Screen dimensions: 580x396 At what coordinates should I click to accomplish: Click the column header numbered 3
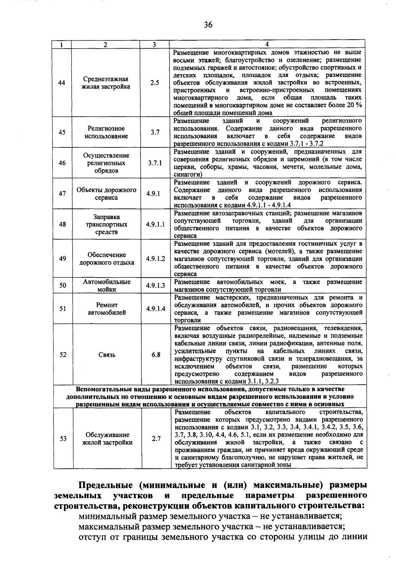[154, 45]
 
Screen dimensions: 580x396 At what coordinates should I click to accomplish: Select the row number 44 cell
[62, 83]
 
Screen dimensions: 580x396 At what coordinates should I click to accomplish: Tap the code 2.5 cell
[154, 83]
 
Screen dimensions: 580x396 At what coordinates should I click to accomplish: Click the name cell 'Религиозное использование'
[106, 132]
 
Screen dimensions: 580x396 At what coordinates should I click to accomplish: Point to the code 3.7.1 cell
[154, 163]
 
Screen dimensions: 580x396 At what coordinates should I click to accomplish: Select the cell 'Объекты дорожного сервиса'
[106, 194]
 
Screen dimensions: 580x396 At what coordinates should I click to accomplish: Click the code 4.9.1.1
[155, 224]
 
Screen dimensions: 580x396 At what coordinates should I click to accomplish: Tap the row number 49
[62, 259]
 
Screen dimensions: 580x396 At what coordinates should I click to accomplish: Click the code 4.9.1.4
[155, 309]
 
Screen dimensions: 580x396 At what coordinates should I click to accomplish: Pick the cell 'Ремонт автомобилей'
[107, 309]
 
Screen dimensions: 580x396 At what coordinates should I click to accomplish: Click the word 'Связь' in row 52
[107, 355]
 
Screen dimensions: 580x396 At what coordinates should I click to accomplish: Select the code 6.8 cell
[156, 355]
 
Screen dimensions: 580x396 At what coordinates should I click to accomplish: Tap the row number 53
[63, 439]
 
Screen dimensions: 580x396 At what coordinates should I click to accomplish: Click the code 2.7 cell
[156, 439]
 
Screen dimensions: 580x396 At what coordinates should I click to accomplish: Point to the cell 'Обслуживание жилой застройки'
[107, 439]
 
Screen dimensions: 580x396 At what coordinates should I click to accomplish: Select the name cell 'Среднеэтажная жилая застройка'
[106, 83]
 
